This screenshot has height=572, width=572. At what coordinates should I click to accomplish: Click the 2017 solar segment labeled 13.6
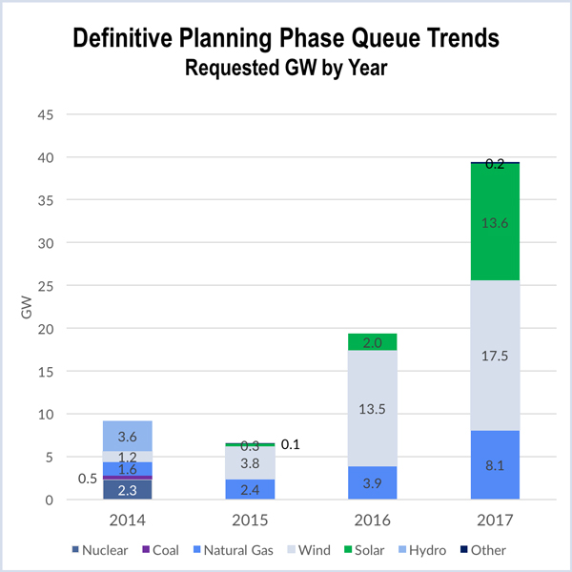click(x=495, y=221)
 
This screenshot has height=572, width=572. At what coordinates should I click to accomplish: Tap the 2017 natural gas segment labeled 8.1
click(x=495, y=465)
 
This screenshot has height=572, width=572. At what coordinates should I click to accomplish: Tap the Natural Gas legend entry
click(x=234, y=550)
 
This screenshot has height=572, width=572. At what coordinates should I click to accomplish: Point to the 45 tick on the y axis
click(x=71, y=114)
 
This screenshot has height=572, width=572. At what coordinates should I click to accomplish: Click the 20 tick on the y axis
click(x=71, y=329)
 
